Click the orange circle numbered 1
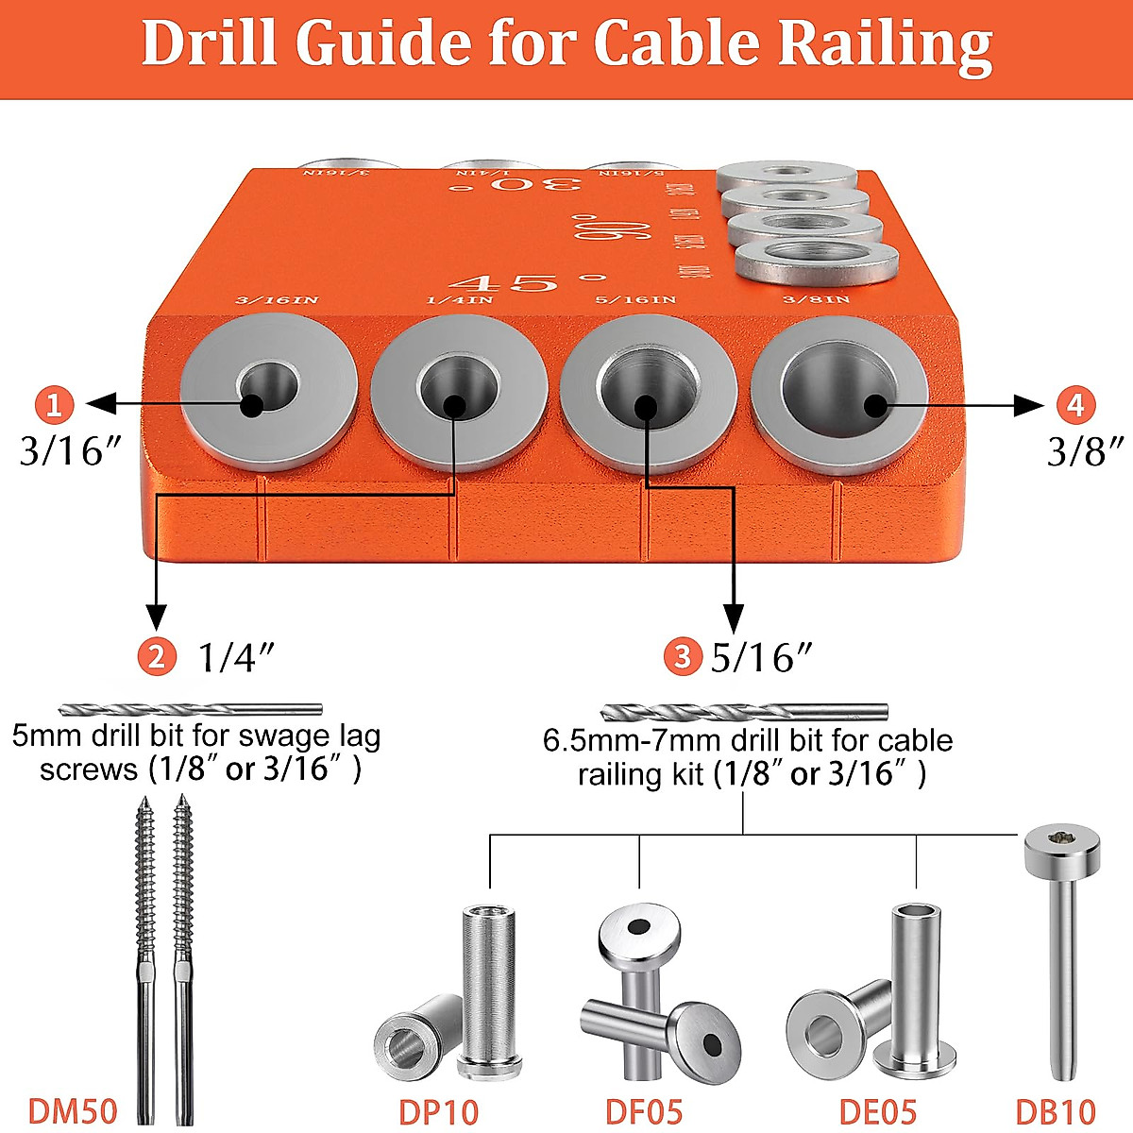pos(54,405)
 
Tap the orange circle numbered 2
pos(157,655)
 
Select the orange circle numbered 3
pos(683,655)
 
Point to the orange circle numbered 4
pos(1075,405)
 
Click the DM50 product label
pos(73,1111)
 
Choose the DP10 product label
pos(438,1111)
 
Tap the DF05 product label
pos(644,1111)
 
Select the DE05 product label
pos(877,1111)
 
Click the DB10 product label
pos(1056,1111)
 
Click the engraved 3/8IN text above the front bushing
pos(817,300)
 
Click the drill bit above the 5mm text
pos(190,710)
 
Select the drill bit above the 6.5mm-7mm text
pos(743,712)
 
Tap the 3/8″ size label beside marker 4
pos(1087,451)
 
